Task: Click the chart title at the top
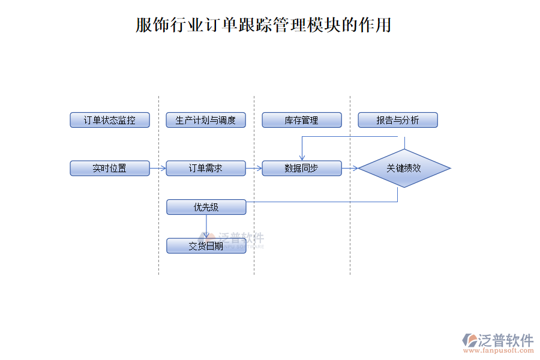(x=263, y=25)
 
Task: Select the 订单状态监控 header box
(x=110, y=120)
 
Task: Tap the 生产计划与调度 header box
(x=206, y=120)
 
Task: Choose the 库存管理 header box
(x=302, y=120)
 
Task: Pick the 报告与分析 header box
(x=398, y=120)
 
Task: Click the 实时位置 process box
(x=110, y=168)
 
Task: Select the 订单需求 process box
(x=206, y=168)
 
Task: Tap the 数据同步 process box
(x=302, y=168)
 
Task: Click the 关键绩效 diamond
(x=404, y=168)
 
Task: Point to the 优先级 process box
(x=206, y=207)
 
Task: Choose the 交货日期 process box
(x=206, y=246)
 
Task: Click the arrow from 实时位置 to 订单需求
(x=158, y=168)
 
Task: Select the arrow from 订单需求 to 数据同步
(x=254, y=168)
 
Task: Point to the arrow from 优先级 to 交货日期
(x=206, y=226)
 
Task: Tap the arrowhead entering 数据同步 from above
(x=302, y=157)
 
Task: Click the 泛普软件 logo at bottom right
(x=498, y=340)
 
